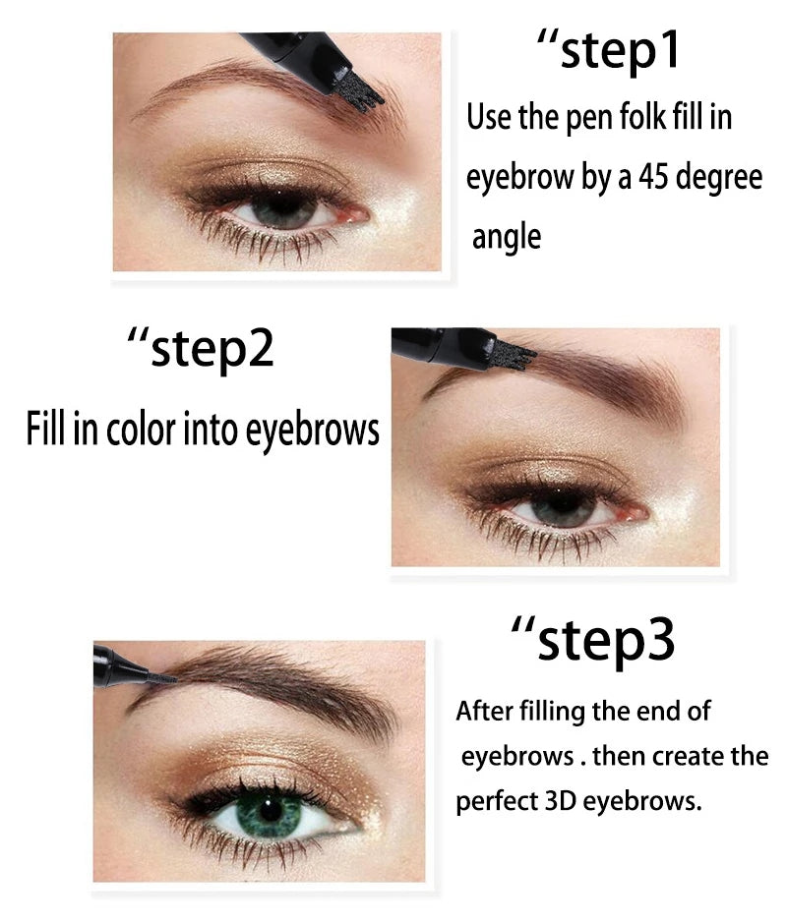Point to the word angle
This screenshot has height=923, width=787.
tap(507, 237)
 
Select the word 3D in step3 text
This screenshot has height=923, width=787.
tap(561, 800)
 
